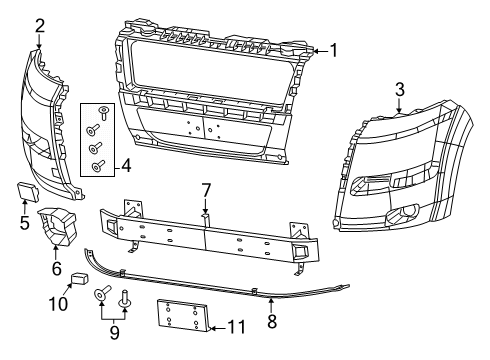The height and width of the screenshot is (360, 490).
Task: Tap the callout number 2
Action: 39,24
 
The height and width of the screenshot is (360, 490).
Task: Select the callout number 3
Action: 399,90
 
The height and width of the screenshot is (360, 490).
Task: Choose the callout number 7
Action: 205,189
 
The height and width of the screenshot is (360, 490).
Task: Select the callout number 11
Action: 236,326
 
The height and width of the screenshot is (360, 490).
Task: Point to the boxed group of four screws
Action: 101,139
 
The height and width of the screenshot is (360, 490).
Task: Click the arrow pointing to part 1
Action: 319,50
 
